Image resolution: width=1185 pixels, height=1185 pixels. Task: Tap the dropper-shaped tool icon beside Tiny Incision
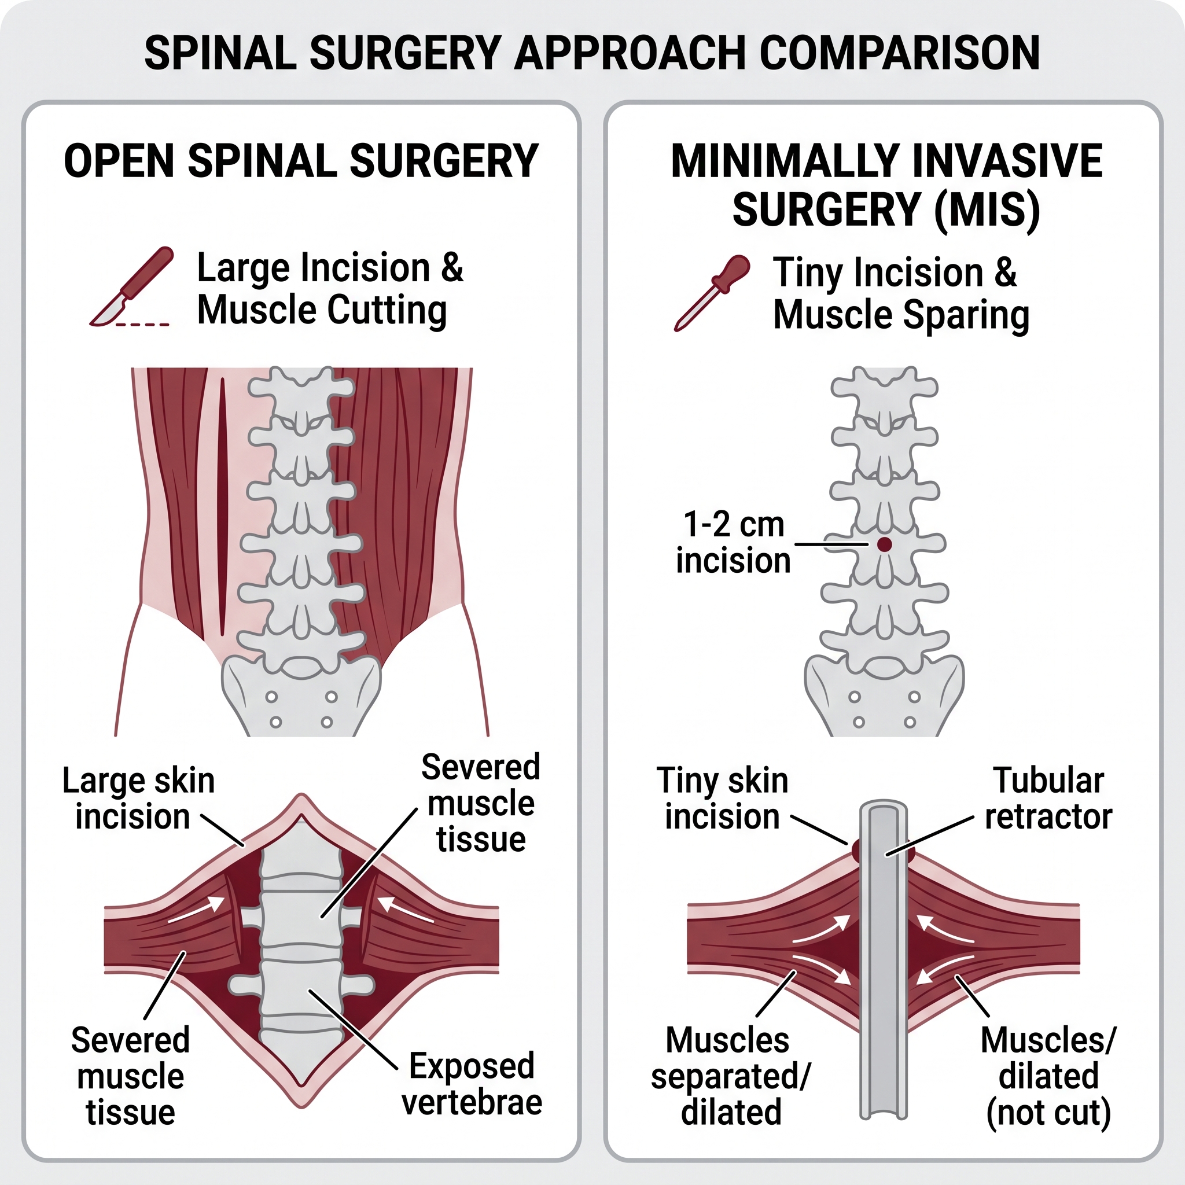click(712, 293)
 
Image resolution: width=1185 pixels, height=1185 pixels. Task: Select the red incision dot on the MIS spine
click(884, 544)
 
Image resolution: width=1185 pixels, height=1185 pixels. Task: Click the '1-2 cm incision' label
click(734, 543)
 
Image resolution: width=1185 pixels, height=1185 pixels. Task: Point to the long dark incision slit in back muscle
click(222, 506)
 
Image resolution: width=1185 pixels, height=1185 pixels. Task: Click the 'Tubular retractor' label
click(1048, 798)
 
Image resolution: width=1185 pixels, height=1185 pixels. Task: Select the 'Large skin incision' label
click(139, 798)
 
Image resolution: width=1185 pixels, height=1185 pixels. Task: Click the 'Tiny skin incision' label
click(722, 798)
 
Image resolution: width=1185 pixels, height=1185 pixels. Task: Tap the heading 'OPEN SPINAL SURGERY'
click(301, 161)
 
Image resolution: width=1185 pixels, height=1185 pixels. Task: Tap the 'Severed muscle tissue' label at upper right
click(481, 803)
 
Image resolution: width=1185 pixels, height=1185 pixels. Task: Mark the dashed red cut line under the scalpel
click(142, 324)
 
